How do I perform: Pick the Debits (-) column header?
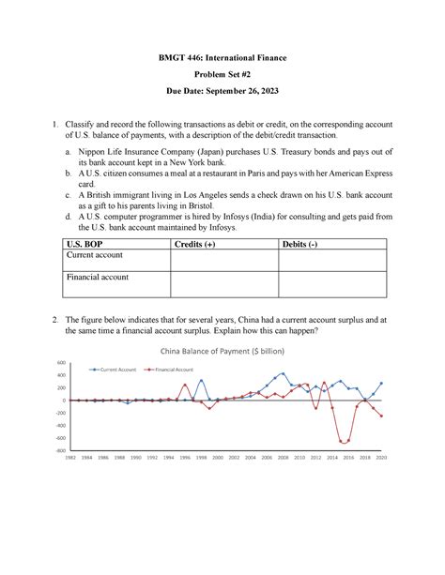306,244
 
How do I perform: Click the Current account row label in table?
95,255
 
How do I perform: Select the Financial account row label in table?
98,278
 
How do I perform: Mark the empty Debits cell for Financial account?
333,283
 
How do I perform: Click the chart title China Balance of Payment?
222,351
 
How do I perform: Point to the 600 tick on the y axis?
63,363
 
